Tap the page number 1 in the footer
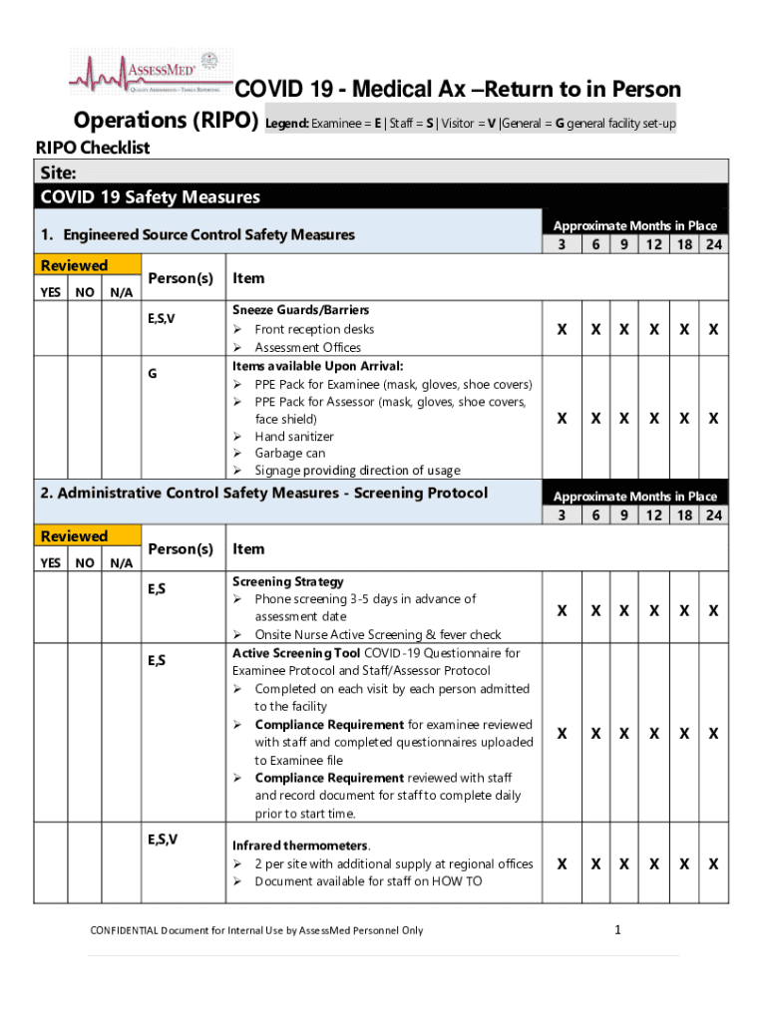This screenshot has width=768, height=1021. point(618,930)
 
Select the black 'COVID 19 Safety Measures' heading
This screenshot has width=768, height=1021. point(150,197)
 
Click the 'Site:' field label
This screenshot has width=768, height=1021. point(58,171)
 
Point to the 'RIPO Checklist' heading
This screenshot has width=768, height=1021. point(92,149)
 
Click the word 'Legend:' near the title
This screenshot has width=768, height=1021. point(286,124)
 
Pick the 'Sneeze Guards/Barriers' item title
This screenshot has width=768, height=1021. point(286,309)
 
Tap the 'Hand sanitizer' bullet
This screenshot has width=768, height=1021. point(294,436)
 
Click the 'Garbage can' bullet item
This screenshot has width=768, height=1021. point(289,453)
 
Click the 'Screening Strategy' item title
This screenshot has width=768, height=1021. point(288,581)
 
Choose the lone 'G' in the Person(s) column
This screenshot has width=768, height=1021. point(153,373)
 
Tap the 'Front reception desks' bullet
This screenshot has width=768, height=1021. point(314,329)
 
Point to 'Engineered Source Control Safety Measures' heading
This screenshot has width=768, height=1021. point(208,235)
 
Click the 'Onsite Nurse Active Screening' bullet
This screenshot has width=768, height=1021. point(377,634)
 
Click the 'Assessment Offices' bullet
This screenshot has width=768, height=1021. point(307,347)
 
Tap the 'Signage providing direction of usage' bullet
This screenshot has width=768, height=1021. point(357,471)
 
